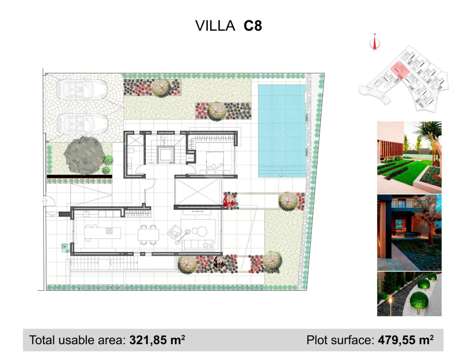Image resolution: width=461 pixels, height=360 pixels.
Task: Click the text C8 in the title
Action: (x=253, y=26)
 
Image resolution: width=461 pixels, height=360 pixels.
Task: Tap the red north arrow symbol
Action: (x=375, y=42)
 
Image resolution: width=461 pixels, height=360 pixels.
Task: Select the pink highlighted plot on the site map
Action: (x=399, y=71)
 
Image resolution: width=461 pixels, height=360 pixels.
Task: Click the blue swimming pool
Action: (x=282, y=131)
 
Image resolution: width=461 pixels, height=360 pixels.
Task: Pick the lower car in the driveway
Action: (x=82, y=124)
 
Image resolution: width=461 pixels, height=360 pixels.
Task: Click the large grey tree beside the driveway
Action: (x=84, y=155)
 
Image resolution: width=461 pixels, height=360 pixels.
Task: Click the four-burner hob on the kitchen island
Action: (x=109, y=231)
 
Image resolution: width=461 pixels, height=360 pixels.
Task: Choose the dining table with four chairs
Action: (x=149, y=234)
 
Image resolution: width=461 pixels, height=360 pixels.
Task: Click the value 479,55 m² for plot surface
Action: (x=406, y=340)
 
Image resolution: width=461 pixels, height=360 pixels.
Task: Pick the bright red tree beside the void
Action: (x=229, y=200)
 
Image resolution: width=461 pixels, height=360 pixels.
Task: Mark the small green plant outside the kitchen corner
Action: (x=65, y=248)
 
